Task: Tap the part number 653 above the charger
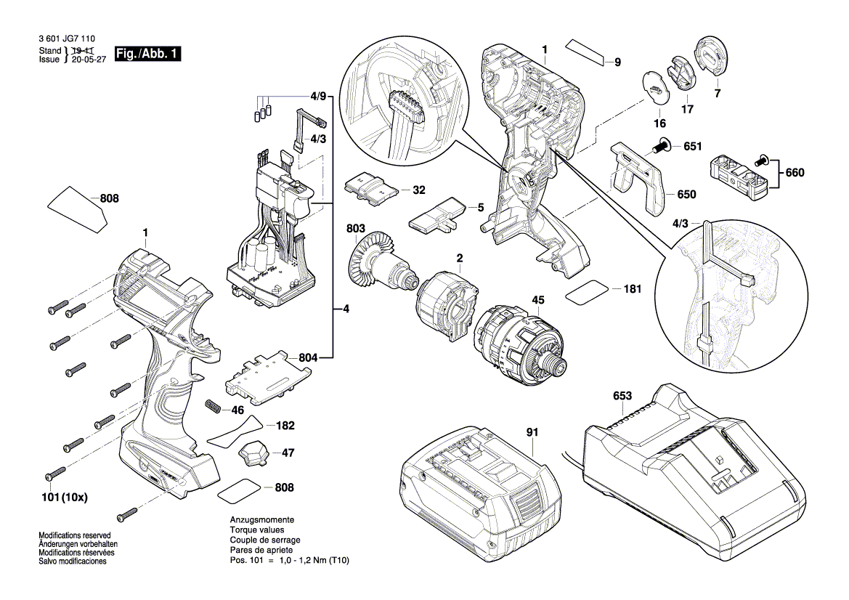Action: click(x=622, y=396)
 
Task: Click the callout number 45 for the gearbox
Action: click(x=538, y=300)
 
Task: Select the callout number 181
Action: click(x=633, y=288)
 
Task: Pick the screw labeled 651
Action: click(x=663, y=147)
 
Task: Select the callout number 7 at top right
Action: click(x=718, y=94)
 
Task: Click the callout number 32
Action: click(x=419, y=190)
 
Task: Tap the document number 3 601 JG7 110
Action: click(x=66, y=39)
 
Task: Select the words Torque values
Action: click(x=255, y=531)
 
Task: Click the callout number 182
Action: click(x=286, y=425)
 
